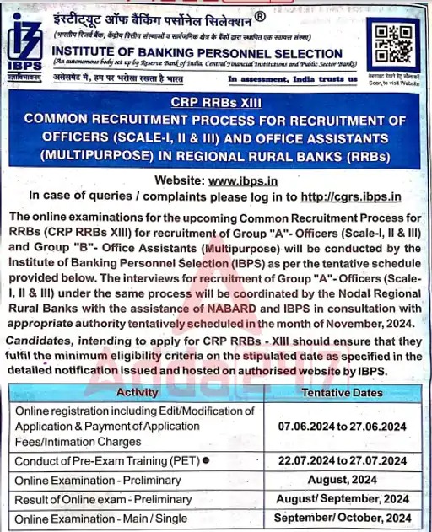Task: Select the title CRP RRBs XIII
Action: (x=215, y=103)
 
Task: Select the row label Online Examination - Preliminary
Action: (x=97, y=480)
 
